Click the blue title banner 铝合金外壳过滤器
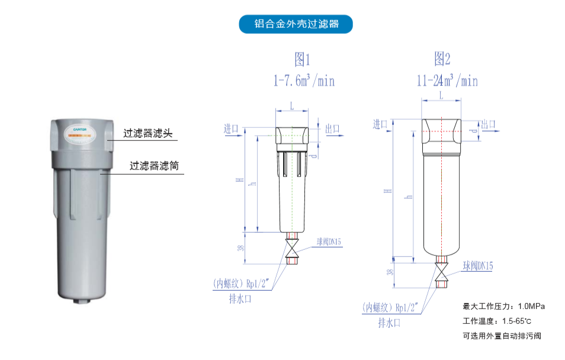tap(296, 24)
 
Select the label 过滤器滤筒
tap(154, 166)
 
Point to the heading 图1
tap(302, 59)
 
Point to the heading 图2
tap(442, 59)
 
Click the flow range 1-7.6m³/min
tap(304, 81)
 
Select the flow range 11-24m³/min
tap(447, 81)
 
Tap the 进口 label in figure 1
tap(231, 128)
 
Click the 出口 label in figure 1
tap(333, 128)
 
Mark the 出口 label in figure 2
tap(488, 124)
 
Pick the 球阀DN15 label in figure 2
tap(478, 266)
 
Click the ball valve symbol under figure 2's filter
tap(441, 273)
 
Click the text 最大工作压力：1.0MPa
tap(503, 307)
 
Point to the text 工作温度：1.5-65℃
tap(496, 321)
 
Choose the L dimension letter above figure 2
tap(441, 95)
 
